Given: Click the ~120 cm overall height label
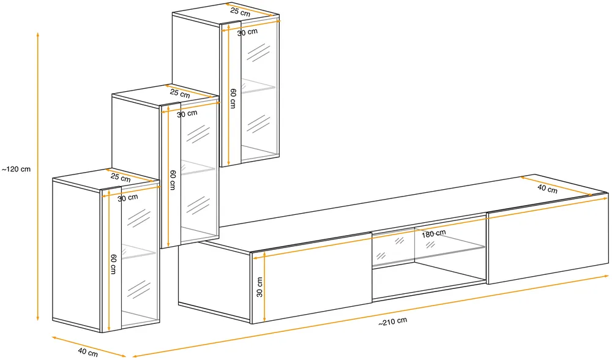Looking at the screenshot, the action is tap(16, 170).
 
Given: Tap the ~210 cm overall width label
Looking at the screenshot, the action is tap(393, 321).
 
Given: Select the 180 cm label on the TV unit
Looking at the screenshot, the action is tap(433, 233).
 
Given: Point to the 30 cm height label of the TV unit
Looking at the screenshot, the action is tap(259, 287).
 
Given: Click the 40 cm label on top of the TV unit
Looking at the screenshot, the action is tap(547, 189).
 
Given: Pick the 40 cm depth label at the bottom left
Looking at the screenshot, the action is tap(88, 352).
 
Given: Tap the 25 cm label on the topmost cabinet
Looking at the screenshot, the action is tap(240, 12).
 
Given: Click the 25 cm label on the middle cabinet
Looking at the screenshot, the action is tap(180, 94).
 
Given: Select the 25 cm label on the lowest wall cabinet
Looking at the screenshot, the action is tap(120, 178).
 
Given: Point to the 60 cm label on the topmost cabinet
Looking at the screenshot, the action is tap(233, 99).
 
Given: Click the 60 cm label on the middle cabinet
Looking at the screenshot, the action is tap(173, 180).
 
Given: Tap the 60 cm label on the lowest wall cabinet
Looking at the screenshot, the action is tap(113, 264).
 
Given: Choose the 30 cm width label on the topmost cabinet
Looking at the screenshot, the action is tap(247, 32).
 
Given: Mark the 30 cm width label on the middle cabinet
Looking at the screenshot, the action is tap(187, 114).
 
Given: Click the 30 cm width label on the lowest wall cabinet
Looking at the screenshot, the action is tap(128, 198).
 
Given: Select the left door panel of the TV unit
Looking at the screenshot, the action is tap(312, 278).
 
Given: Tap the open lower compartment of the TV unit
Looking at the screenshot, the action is tap(428, 282).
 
